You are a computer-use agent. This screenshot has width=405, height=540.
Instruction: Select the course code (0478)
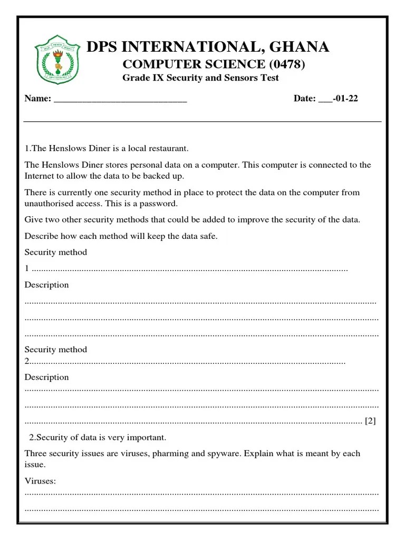click(287, 64)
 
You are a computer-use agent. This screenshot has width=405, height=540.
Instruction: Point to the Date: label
click(304, 99)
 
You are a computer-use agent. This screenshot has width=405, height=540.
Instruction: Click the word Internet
click(40, 176)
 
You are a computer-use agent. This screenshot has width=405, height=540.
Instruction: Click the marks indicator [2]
click(370, 421)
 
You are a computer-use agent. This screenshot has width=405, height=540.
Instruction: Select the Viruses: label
click(40, 481)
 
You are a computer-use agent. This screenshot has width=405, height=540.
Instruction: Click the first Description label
click(47, 285)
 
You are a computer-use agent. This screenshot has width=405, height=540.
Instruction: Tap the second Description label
click(47, 377)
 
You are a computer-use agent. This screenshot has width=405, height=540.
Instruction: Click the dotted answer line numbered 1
click(190, 269)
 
